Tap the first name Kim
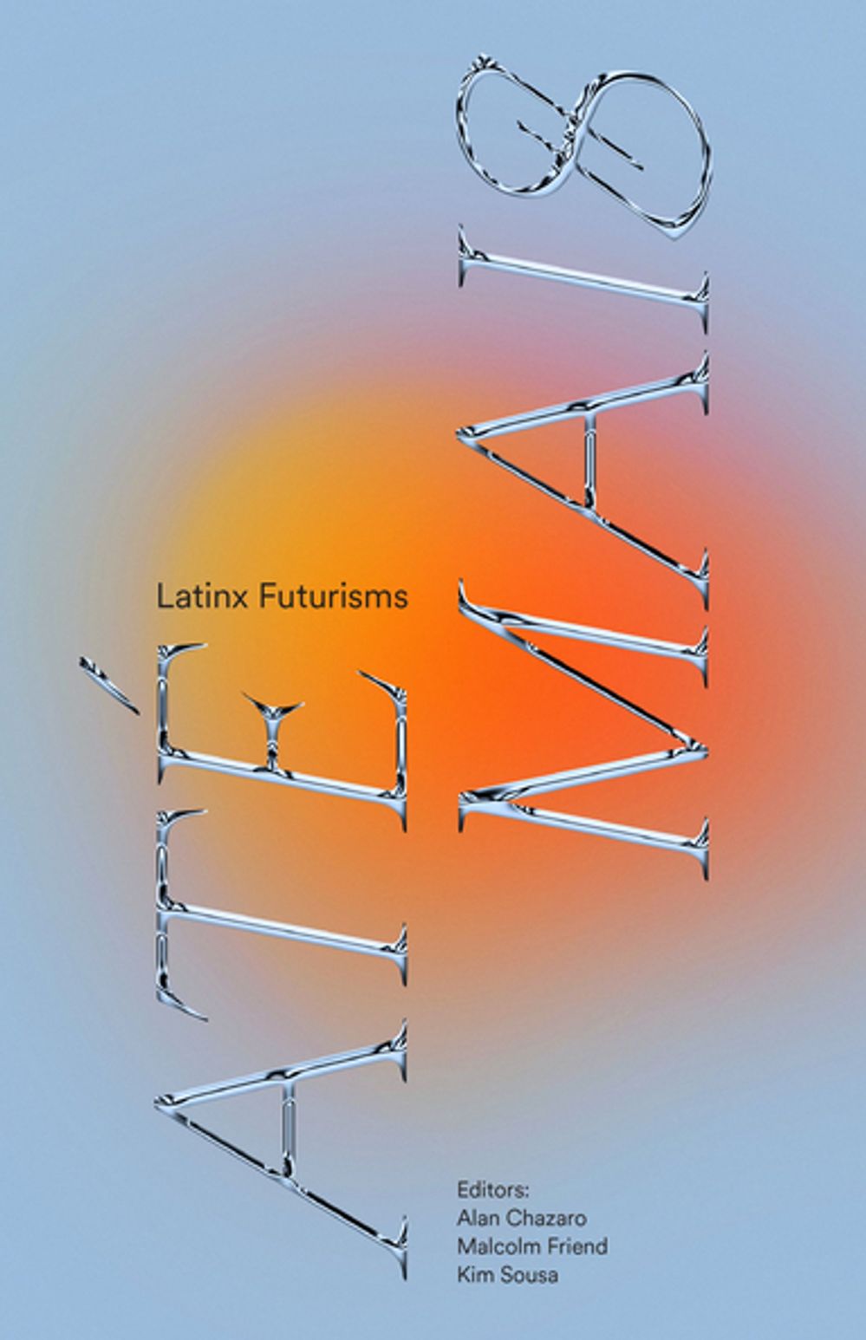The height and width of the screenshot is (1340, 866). click(472, 1275)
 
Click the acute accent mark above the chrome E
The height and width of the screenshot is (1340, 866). click(109, 686)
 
